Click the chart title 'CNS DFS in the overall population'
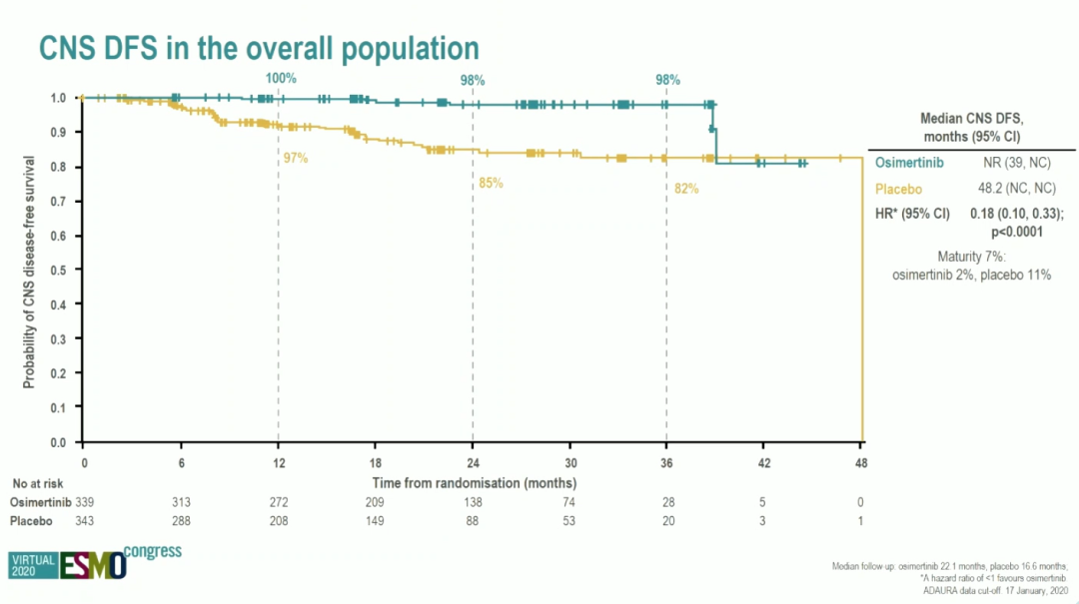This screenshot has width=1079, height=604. (258, 47)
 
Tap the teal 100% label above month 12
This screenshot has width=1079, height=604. (281, 78)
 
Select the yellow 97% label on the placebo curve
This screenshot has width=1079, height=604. (296, 158)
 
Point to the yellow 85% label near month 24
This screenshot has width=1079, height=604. (491, 183)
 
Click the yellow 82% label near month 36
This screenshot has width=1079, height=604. (686, 188)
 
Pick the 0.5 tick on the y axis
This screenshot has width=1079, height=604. (60, 270)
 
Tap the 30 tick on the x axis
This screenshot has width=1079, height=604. (570, 463)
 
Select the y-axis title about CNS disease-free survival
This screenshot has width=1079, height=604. (30, 271)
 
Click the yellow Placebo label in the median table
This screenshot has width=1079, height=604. (896, 189)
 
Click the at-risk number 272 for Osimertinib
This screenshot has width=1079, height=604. (279, 502)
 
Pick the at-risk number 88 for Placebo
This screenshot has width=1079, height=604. (473, 522)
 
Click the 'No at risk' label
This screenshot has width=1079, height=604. (37, 482)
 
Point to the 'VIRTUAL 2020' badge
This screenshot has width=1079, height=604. (33, 566)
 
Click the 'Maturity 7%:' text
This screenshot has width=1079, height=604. (971, 256)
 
